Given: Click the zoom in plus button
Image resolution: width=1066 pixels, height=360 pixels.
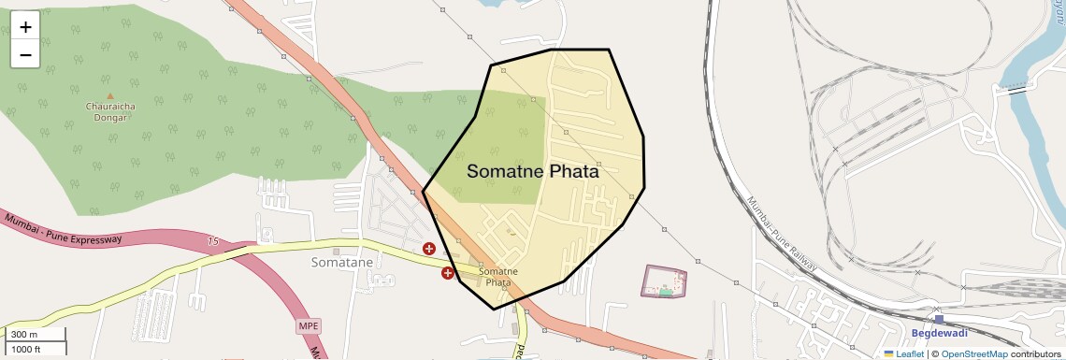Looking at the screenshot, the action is (25, 27).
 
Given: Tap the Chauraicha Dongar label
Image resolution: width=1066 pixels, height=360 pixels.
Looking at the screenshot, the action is (110, 112).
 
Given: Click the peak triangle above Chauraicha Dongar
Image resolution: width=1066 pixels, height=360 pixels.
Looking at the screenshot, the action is (110, 95).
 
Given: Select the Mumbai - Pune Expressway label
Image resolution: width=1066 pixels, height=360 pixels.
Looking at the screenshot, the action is (64, 229).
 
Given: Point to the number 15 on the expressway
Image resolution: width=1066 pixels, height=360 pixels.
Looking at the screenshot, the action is (213, 241).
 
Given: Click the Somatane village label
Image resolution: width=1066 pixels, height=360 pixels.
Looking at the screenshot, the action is (341, 263).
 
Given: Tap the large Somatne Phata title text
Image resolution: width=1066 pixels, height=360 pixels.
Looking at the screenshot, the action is (532, 172).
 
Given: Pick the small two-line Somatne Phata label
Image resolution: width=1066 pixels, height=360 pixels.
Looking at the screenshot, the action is (495, 277).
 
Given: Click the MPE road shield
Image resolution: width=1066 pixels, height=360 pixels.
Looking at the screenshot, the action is (308, 325).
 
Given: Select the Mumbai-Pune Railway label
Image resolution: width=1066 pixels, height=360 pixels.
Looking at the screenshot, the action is (782, 236).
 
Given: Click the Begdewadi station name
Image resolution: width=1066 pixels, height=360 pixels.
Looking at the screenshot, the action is (939, 332).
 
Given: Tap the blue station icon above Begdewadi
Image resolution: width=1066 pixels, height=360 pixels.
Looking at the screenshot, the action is (939, 319).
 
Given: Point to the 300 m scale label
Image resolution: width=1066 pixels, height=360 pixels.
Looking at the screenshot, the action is (25, 335).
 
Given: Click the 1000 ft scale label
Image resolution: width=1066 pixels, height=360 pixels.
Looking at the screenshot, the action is (27, 350).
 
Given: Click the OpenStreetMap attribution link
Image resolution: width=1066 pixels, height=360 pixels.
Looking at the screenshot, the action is (974, 353).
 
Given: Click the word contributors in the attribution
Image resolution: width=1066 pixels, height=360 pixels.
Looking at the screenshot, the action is (1036, 353).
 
